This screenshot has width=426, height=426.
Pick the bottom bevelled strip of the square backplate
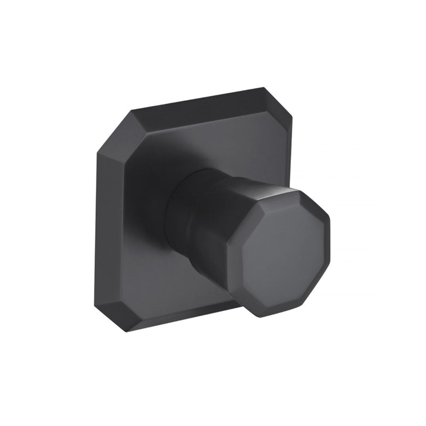176,319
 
